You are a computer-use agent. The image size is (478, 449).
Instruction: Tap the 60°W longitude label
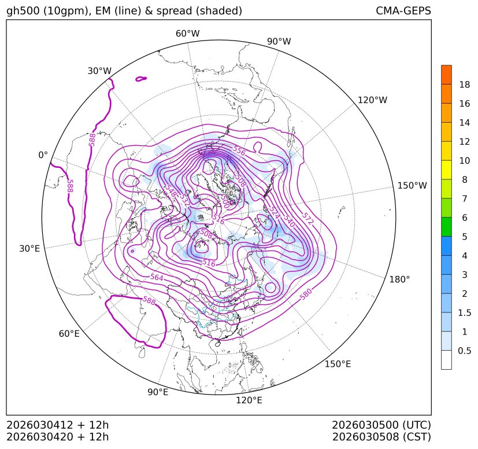[x=187, y=34]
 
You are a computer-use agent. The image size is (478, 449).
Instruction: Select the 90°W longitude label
[x=279, y=41]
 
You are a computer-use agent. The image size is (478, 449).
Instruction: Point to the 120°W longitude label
[x=373, y=100]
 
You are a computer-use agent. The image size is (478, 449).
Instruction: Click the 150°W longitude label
[x=412, y=186]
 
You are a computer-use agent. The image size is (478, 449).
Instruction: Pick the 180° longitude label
[x=399, y=279]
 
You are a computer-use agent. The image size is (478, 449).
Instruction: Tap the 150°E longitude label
[x=338, y=364]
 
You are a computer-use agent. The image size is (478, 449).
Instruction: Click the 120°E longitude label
[x=249, y=400]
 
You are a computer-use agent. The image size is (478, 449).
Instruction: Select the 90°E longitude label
[x=158, y=392]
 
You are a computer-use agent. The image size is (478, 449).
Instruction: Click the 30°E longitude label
[x=29, y=249]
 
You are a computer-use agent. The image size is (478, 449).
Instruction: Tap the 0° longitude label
[x=43, y=155]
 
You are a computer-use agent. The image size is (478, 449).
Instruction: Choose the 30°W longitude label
[x=99, y=71]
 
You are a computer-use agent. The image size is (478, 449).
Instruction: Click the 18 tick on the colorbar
[x=464, y=84]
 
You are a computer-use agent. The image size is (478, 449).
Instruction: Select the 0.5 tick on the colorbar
[x=464, y=351]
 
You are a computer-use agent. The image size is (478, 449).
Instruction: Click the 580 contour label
[x=306, y=294]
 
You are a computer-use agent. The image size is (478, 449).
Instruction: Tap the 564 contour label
[x=157, y=278]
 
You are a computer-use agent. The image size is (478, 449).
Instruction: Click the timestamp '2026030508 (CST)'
[x=381, y=436]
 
